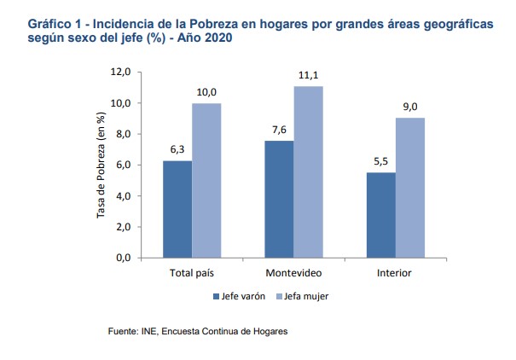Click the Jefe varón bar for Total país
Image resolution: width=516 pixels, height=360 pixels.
[177, 208]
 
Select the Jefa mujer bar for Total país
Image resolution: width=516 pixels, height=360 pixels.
[206, 180]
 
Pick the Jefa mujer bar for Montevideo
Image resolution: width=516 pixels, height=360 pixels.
[308, 171]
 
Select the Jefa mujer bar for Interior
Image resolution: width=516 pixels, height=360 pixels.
[409, 187]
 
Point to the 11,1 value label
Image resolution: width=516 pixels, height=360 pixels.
[308, 76]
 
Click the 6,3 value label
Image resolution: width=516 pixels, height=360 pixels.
[177, 150]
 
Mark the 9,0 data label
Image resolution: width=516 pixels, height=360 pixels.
[409, 108]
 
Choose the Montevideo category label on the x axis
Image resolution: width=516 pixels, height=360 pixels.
[293, 274]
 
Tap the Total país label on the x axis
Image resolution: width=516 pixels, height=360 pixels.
[192, 274]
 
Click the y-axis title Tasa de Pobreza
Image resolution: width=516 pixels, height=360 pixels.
[101, 165]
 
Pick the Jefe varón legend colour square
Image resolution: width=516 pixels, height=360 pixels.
[216, 297]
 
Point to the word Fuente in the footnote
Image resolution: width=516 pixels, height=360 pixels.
[122, 332]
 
